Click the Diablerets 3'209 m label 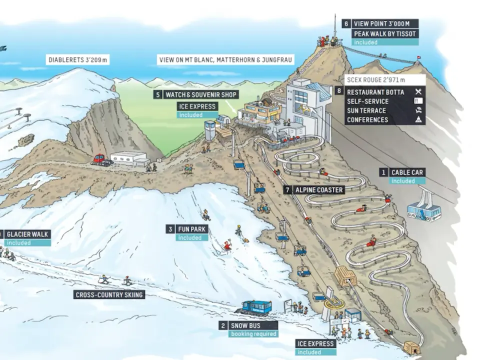click(x=78, y=59)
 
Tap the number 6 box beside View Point click(x=346, y=24)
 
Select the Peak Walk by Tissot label click(x=385, y=33)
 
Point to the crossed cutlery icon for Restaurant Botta click(x=418, y=92)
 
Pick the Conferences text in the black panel click(x=367, y=119)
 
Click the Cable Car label click(x=407, y=172)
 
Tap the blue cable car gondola click(x=423, y=210)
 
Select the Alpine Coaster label click(x=318, y=190)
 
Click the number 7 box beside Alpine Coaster click(x=287, y=190)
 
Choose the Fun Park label click(x=191, y=229)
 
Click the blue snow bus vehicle click(x=256, y=307)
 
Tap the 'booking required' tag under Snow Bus click(x=253, y=334)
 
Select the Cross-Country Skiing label click(x=109, y=295)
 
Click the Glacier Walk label click(x=27, y=234)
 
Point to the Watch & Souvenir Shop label click(x=201, y=94)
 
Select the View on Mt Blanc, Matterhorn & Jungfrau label click(x=225, y=59)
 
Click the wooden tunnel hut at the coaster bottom click(x=411, y=347)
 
